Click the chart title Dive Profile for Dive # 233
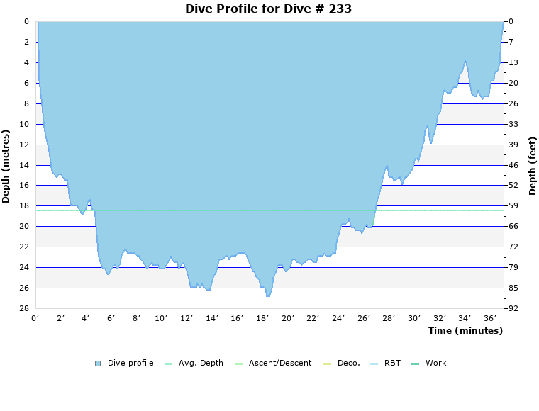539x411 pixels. point(268,9)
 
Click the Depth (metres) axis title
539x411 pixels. point(6,166)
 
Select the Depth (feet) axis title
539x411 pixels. point(533,166)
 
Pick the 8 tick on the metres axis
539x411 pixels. point(26,103)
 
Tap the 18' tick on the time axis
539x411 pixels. point(262,318)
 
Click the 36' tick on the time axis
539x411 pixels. point(490,318)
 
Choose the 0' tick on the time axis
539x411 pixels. point(35,318)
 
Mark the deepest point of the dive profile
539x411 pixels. point(268,296)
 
